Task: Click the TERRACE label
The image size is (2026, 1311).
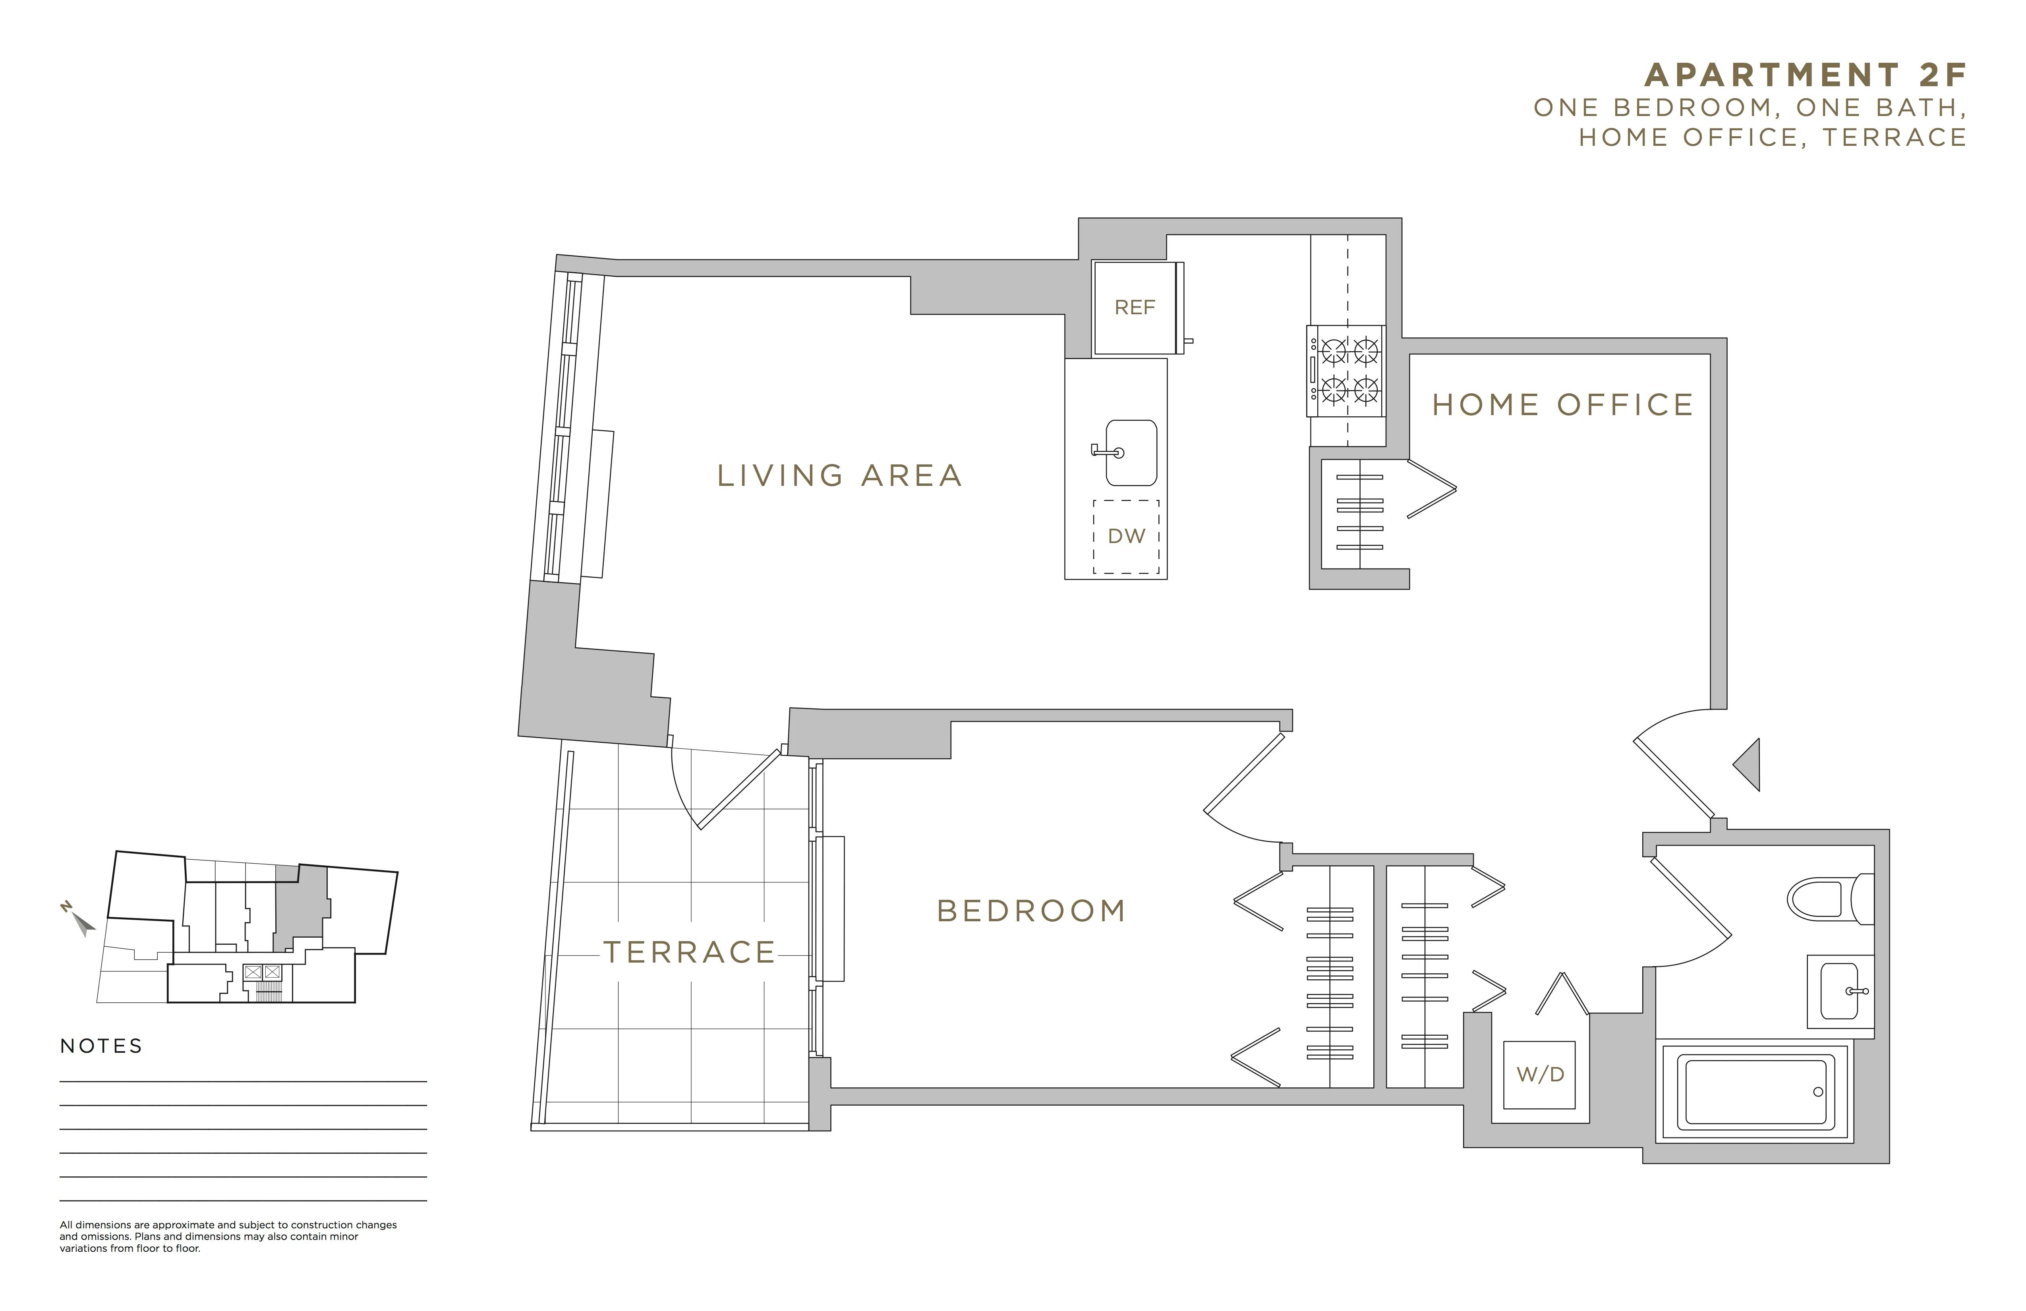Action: pos(690,952)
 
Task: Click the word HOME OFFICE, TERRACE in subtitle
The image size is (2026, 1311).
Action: pos(1772,137)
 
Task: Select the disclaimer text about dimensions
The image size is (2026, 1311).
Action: pos(228,1237)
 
